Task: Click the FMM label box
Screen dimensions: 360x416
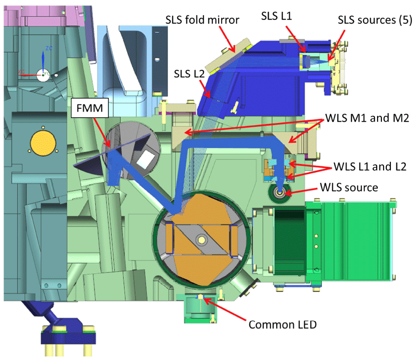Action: point(90,107)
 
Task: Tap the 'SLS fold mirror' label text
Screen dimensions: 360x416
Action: point(202,20)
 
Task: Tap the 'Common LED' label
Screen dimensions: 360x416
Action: point(283,325)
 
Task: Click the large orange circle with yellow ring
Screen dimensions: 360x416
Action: point(42,144)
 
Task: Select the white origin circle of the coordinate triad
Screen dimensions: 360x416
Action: point(43,75)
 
